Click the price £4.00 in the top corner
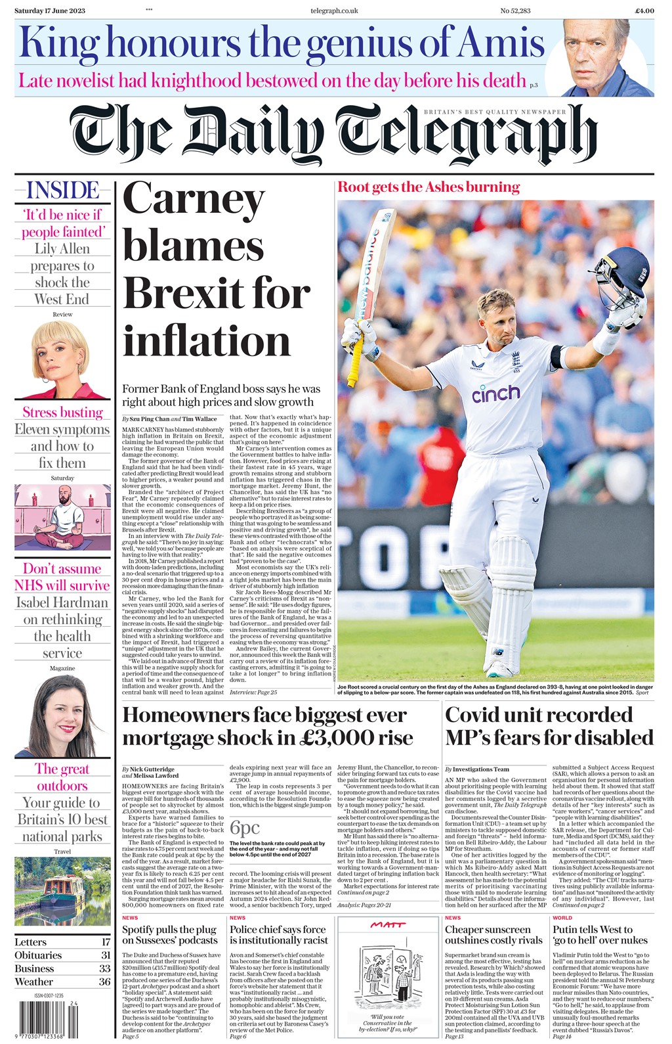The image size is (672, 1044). pyautogui.click(x=644, y=11)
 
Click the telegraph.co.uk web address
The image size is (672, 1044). pyautogui.click(x=334, y=11)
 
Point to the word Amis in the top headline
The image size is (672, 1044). pyautogui.click(x=501, y=43)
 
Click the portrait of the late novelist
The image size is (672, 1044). pyautogui.click(x=598, y=58)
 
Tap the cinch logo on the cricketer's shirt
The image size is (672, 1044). pyautogui.click(x=495, y=394)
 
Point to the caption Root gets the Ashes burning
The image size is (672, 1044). pyautogui.click(x=429, y=187)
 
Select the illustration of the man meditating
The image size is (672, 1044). pyautogui.click(x=62, y=517)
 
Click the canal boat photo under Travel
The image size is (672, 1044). pyautogui.click(x=62, y=891)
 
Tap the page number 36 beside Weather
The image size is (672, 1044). pyautogui.click(x=104, y=982)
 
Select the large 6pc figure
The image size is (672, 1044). pyautogui.click(x=245, y=827)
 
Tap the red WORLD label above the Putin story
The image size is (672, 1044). pyautogui.click(x=562, y=918)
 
